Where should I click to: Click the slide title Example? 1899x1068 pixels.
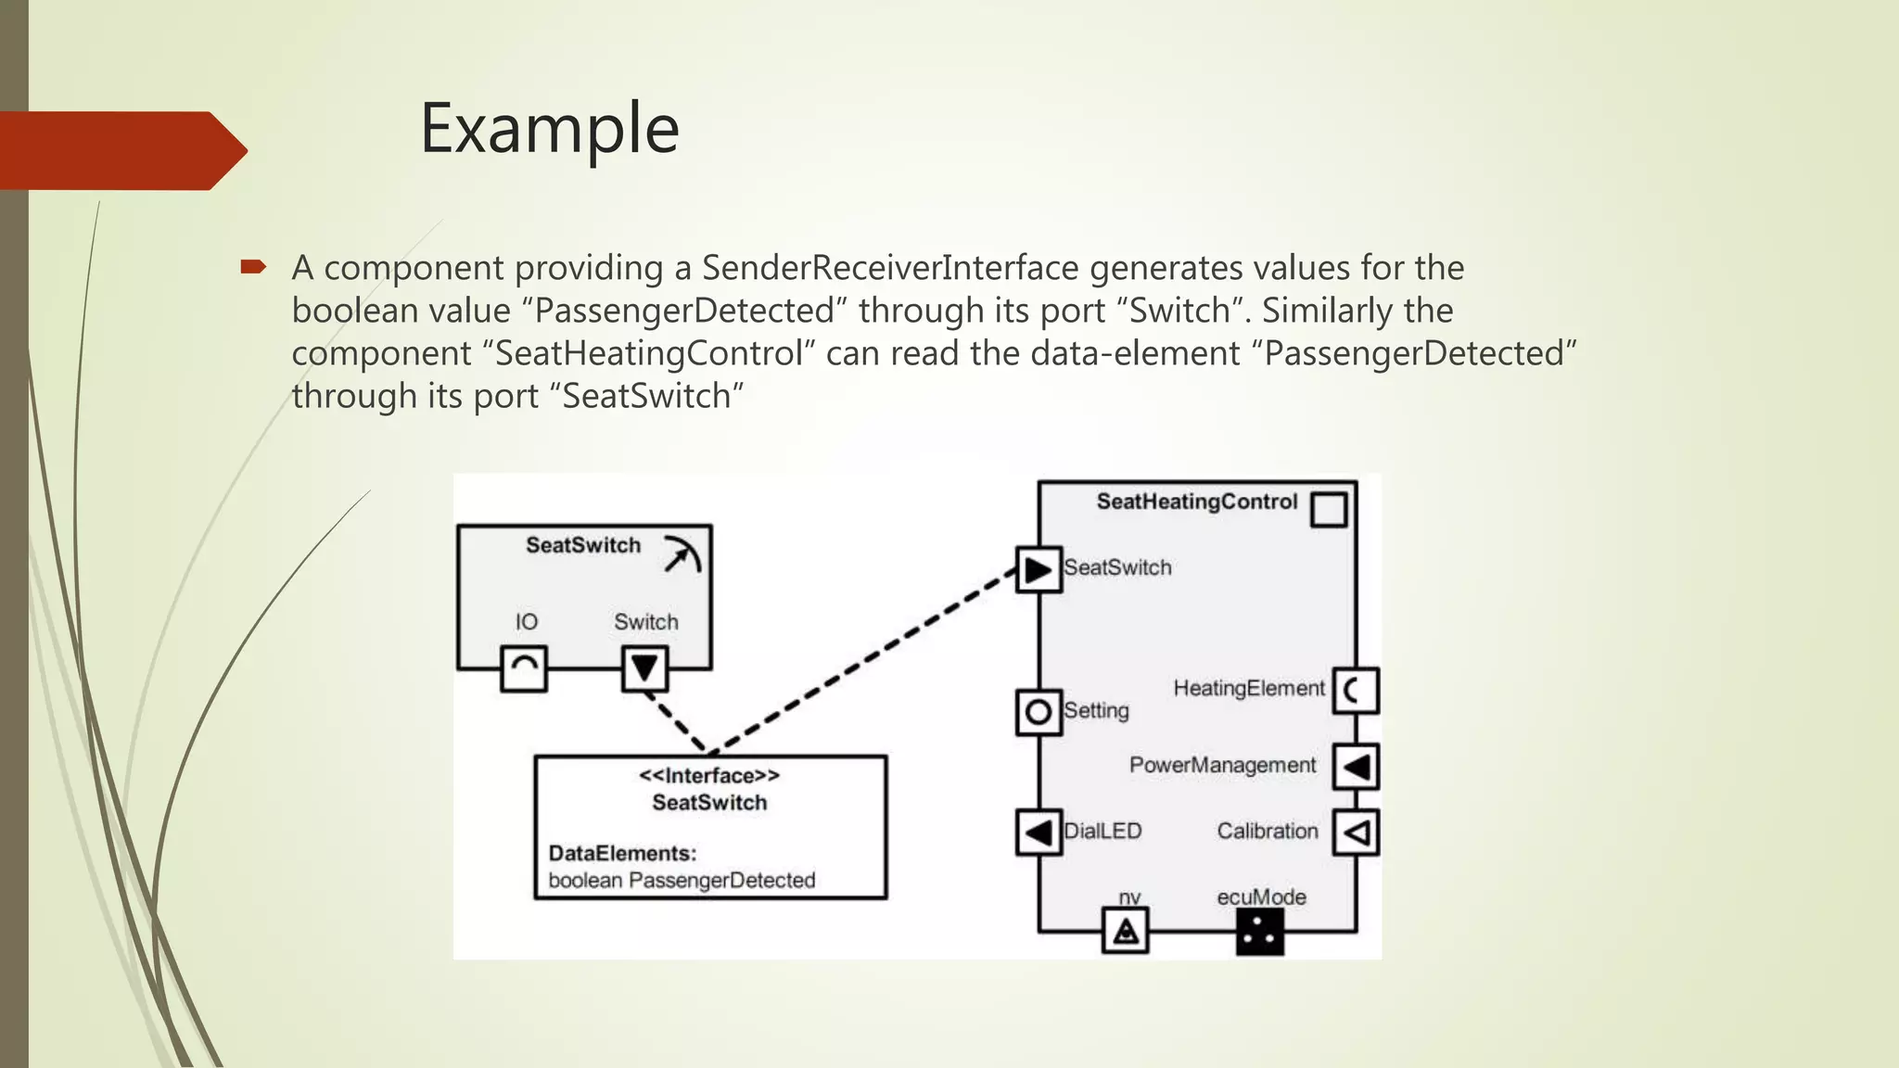click(549, 128)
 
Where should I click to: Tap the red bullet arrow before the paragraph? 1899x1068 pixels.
click(252, 268)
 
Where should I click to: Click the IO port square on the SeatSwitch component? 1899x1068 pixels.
click(524, 668)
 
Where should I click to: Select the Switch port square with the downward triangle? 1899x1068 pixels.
click(644, 668)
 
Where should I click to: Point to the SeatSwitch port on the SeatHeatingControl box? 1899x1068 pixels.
click(1039, 569)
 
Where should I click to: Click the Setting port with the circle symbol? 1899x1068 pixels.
click(1039, 712)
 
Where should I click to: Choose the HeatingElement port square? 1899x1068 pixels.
click(1356, 691)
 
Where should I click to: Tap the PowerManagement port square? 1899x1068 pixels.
click(1356, 767)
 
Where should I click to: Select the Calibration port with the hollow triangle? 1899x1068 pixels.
click(1356, 833)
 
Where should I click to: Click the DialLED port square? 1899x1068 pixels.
click(1039, 832)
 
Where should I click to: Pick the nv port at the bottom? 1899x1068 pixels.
click(1126, 931)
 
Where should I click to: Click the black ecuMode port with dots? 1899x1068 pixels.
click(1260, 932)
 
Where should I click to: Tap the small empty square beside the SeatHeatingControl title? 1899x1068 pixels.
click(1329, 509)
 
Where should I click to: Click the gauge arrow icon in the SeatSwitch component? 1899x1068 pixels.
click(682, 554)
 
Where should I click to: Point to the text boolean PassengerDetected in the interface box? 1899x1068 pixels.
click(682, 880)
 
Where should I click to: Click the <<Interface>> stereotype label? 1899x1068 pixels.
click(709, 775)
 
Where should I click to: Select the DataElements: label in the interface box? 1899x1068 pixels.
click(622, 853)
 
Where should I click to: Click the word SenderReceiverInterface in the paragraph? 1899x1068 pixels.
click(890, 268)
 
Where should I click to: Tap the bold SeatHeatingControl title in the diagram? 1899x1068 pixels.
click(1196, 502)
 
